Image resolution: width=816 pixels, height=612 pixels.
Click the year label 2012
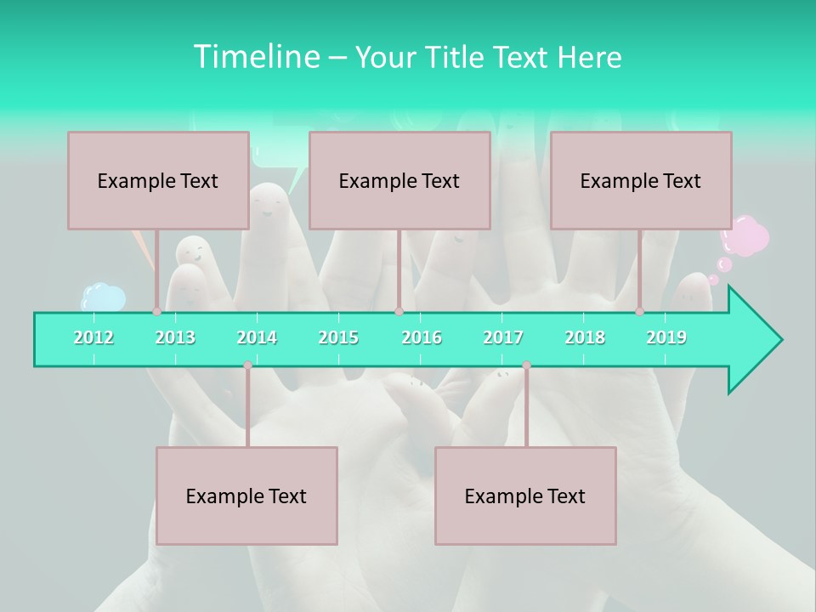(93, 337)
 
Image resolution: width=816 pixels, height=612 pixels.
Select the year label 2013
(175, 337)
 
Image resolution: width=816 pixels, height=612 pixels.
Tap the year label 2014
(257, 337)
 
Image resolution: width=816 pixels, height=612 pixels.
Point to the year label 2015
(338, 337)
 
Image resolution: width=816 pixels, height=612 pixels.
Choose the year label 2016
(422, 337)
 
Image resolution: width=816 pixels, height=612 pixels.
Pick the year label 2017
(503, 337)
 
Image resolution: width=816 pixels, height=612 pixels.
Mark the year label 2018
(585, 337)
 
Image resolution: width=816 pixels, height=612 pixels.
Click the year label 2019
(666, 337)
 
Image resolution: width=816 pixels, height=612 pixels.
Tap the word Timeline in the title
(256, 57)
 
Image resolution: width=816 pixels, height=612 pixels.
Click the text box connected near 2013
(158, 180)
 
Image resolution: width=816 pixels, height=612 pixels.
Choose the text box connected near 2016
(399, 180)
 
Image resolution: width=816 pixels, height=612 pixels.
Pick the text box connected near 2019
(641, 180)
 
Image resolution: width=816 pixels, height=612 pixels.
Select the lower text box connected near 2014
(246, 496)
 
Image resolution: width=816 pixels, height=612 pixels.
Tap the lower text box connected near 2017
(525, 496)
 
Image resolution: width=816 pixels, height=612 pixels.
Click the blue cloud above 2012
(103, 297)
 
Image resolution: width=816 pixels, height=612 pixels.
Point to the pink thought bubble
(745, 235)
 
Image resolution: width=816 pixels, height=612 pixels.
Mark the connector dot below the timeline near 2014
(247, 365)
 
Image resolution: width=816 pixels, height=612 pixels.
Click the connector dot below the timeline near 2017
(526, 365)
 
